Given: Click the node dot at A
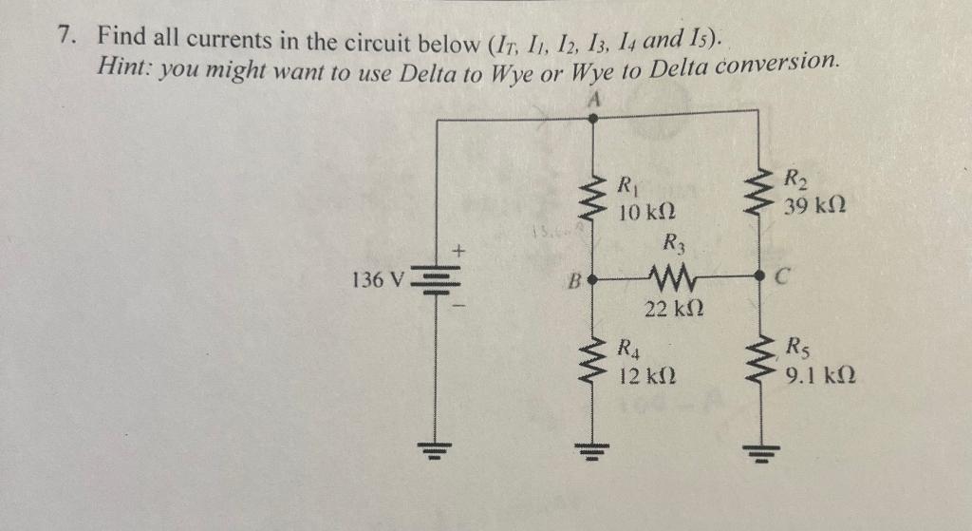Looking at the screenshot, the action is point(593,119).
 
